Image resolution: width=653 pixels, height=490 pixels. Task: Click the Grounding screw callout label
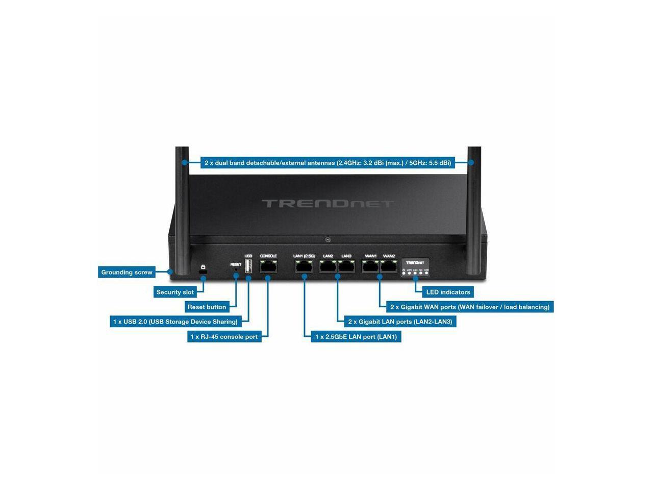(x=127, y=272)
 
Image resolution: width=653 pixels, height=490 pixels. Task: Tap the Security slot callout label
(x=175, y=292)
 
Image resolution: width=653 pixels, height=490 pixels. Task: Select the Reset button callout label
(x=207, y=307)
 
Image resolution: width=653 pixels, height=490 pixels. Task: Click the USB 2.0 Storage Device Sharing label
(x=175, y=322)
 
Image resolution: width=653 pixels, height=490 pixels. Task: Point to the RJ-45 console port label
(x=224, y=336)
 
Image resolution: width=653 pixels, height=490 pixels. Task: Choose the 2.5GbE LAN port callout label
(x=356, y=336)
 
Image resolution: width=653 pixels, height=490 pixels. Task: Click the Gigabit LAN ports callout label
(x=400, y=322)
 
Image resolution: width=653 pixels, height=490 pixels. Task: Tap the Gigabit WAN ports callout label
(x=469, y=307)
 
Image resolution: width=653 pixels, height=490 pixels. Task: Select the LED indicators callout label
(x=448, y=292)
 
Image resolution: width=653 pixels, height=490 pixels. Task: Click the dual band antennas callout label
(x=328, y=163)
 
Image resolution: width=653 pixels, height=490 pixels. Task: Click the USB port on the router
(x=248, y=266)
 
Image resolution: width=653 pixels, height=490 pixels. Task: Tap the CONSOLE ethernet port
(x=268, y=266)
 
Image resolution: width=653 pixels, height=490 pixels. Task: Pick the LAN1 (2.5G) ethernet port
(x=304, y=266)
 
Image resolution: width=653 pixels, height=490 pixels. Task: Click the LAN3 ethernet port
(x=346, y=266)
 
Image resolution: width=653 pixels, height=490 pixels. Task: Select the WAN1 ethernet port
(x=370, y=266)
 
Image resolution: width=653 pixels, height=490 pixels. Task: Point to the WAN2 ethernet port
(x=389, y=266)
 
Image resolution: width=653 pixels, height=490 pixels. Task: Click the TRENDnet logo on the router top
(x=328, y=204)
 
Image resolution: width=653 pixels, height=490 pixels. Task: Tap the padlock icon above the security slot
(x=203, y=267)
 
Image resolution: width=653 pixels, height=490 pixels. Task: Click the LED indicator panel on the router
(x=416, y=267)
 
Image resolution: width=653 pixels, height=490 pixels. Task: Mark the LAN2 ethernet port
(x=328, y=266)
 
